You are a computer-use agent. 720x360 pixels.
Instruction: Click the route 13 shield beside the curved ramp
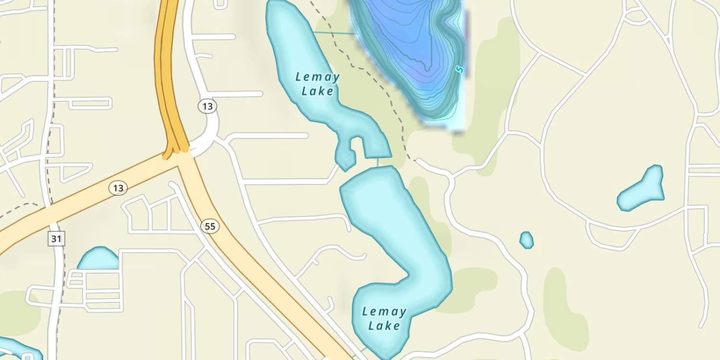[x=207, y=106]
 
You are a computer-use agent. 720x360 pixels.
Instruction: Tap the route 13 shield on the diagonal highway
[x=118, y=188]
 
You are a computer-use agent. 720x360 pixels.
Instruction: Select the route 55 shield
[x=210, y=226]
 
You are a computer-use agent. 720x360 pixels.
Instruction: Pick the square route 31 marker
[x=57, y=239]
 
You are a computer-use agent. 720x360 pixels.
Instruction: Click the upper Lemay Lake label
[x=317, y=84]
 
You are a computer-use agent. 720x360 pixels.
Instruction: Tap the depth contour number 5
[x=459, y=69]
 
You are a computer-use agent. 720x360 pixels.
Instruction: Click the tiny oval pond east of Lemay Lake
[x=527, y=240]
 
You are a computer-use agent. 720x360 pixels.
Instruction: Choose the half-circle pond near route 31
[x=99, y=259]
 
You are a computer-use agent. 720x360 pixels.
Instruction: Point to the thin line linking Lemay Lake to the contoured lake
[x=334, y=33]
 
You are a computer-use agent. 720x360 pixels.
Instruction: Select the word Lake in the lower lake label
[x=384, y=326]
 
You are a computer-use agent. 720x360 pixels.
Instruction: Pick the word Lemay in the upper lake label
[x=317, y=77]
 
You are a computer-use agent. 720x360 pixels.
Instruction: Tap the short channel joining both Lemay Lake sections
[x=378, y=162]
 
